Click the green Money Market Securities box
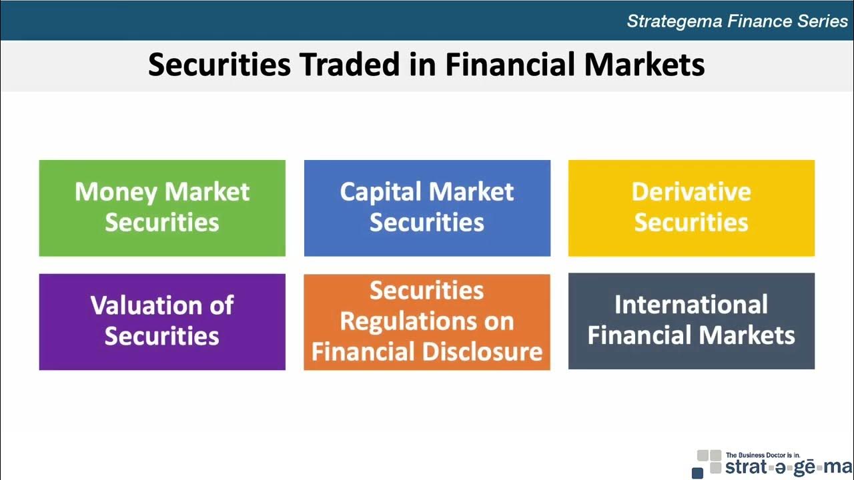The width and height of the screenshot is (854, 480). point(162,208)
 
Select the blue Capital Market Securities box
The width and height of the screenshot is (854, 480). point(427,208)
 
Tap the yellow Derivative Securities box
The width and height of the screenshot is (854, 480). point(691,208)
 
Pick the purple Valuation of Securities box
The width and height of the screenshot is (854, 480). point(162,322)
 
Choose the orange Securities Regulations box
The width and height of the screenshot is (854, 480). point(427,322)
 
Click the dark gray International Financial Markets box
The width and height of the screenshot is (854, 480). point(691,321)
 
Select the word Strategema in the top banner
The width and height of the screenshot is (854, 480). point(675,21)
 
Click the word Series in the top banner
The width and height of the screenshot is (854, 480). point(823,21)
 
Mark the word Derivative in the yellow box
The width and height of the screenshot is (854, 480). point(691,192)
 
